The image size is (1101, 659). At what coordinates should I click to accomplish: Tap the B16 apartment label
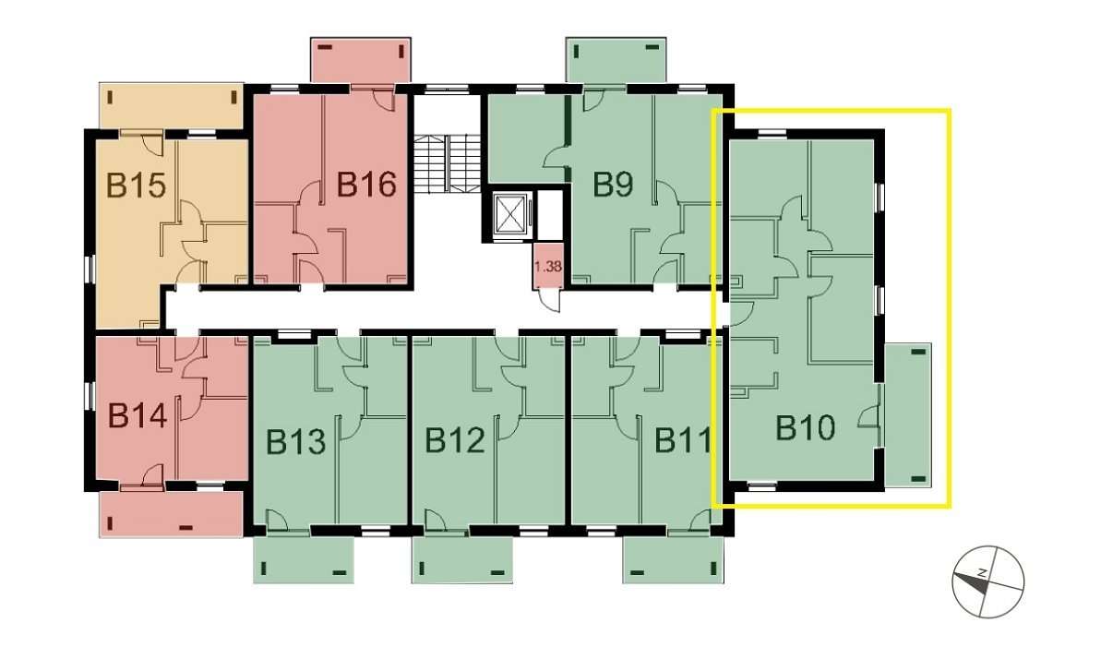coord(365,185)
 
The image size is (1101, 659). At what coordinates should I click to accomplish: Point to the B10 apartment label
coord(805,428)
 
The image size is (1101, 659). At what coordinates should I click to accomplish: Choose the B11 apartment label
coord(684,441)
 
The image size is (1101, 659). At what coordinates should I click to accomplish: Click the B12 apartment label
coord(455,441)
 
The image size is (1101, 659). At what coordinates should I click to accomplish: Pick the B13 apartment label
coord(296,442)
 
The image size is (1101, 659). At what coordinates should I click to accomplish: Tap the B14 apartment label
coord(138,415)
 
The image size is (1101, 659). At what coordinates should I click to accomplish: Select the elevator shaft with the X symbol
coord(509,215)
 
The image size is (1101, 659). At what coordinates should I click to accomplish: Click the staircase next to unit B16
coord(447,164)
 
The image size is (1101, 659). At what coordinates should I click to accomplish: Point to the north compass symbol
coord(987,582)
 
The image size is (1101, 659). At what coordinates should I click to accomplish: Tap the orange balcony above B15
coord(170,105)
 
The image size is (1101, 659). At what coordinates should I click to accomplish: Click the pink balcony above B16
coord(360,61)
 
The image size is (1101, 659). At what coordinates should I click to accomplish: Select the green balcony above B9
coord(616,61)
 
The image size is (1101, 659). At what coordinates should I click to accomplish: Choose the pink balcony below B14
coord(170,513)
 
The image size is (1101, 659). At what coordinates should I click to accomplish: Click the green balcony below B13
coord(304,559)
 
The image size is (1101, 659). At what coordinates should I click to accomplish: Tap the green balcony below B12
coord(461,559)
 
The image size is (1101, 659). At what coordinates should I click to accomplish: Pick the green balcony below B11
coord(672,559)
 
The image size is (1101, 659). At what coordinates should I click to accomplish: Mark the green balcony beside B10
coord(908,415)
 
